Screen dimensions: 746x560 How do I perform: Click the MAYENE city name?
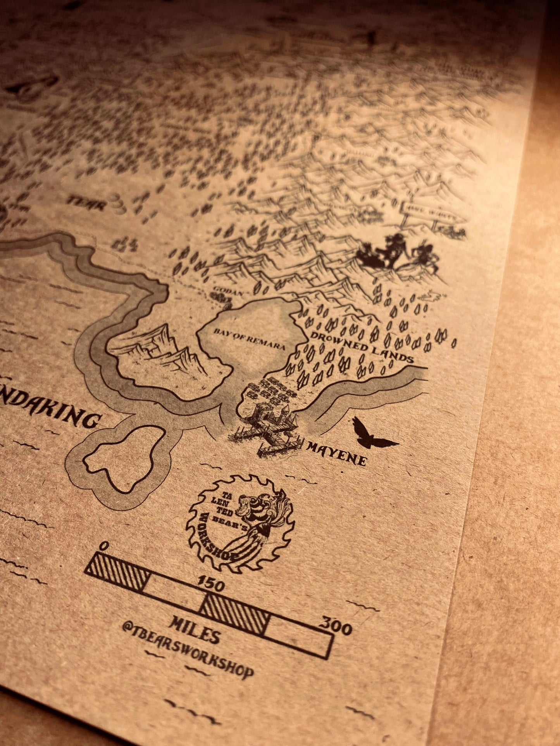(336, 453)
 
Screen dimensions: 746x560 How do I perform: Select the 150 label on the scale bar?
(211, 585)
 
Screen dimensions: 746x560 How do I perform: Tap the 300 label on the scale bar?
(336, 627)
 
